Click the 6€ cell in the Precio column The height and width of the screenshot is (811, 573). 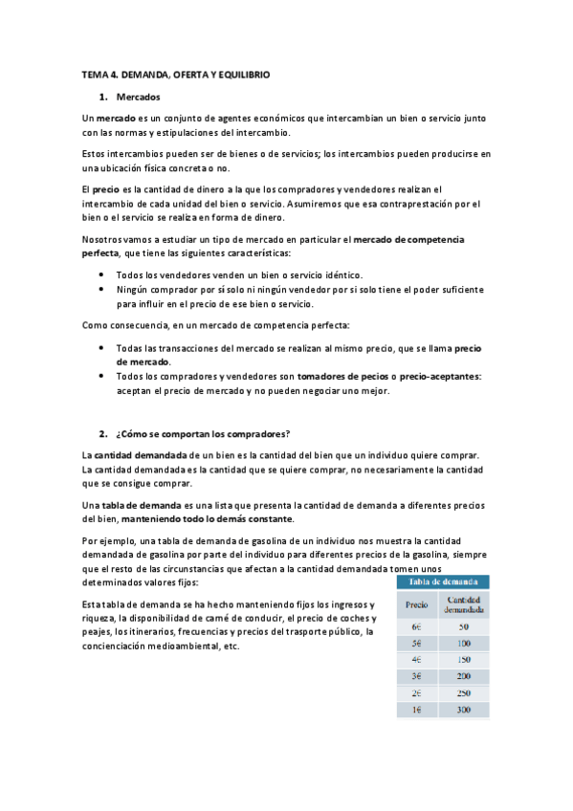(x=415, y=627)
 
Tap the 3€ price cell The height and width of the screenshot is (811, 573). (x=415, y=676)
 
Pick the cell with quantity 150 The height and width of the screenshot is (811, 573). (x=464, y=660)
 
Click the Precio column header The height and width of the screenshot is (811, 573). (x=416, y=603)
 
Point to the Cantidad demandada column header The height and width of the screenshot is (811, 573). (x=464, y=603)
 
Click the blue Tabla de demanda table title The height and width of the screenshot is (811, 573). (x=444, y=581)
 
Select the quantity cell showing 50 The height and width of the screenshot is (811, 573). (x=464, y=627)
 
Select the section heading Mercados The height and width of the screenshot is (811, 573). (x=139, y=97)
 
